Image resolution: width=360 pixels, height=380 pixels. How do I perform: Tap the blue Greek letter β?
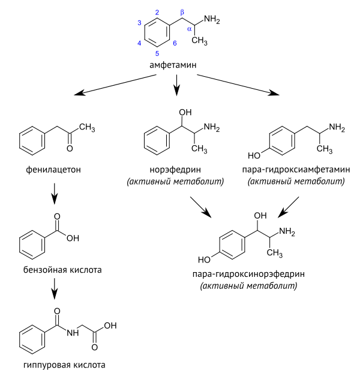183,13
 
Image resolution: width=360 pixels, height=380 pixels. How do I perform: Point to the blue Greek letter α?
190,28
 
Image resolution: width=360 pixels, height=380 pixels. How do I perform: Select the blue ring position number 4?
139,43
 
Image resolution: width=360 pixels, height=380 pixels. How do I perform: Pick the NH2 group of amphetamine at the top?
212,20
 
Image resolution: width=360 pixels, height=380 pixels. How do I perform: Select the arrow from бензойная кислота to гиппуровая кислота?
54,291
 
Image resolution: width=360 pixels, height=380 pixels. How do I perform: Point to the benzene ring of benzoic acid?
32,243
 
